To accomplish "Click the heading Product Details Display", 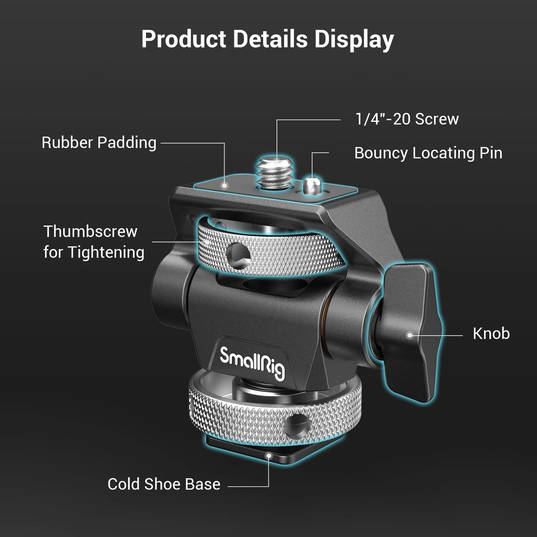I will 268,39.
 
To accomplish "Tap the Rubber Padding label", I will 99,143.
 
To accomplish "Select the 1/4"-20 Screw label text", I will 407,119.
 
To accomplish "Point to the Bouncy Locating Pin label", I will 428,153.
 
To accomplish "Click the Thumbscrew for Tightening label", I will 94,242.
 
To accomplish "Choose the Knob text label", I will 491,334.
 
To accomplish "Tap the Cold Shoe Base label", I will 164,484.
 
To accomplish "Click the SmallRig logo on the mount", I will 252,363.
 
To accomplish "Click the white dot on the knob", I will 410,335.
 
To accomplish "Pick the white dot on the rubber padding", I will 224,185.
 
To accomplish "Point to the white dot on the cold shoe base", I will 268,454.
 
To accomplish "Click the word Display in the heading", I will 354,39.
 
